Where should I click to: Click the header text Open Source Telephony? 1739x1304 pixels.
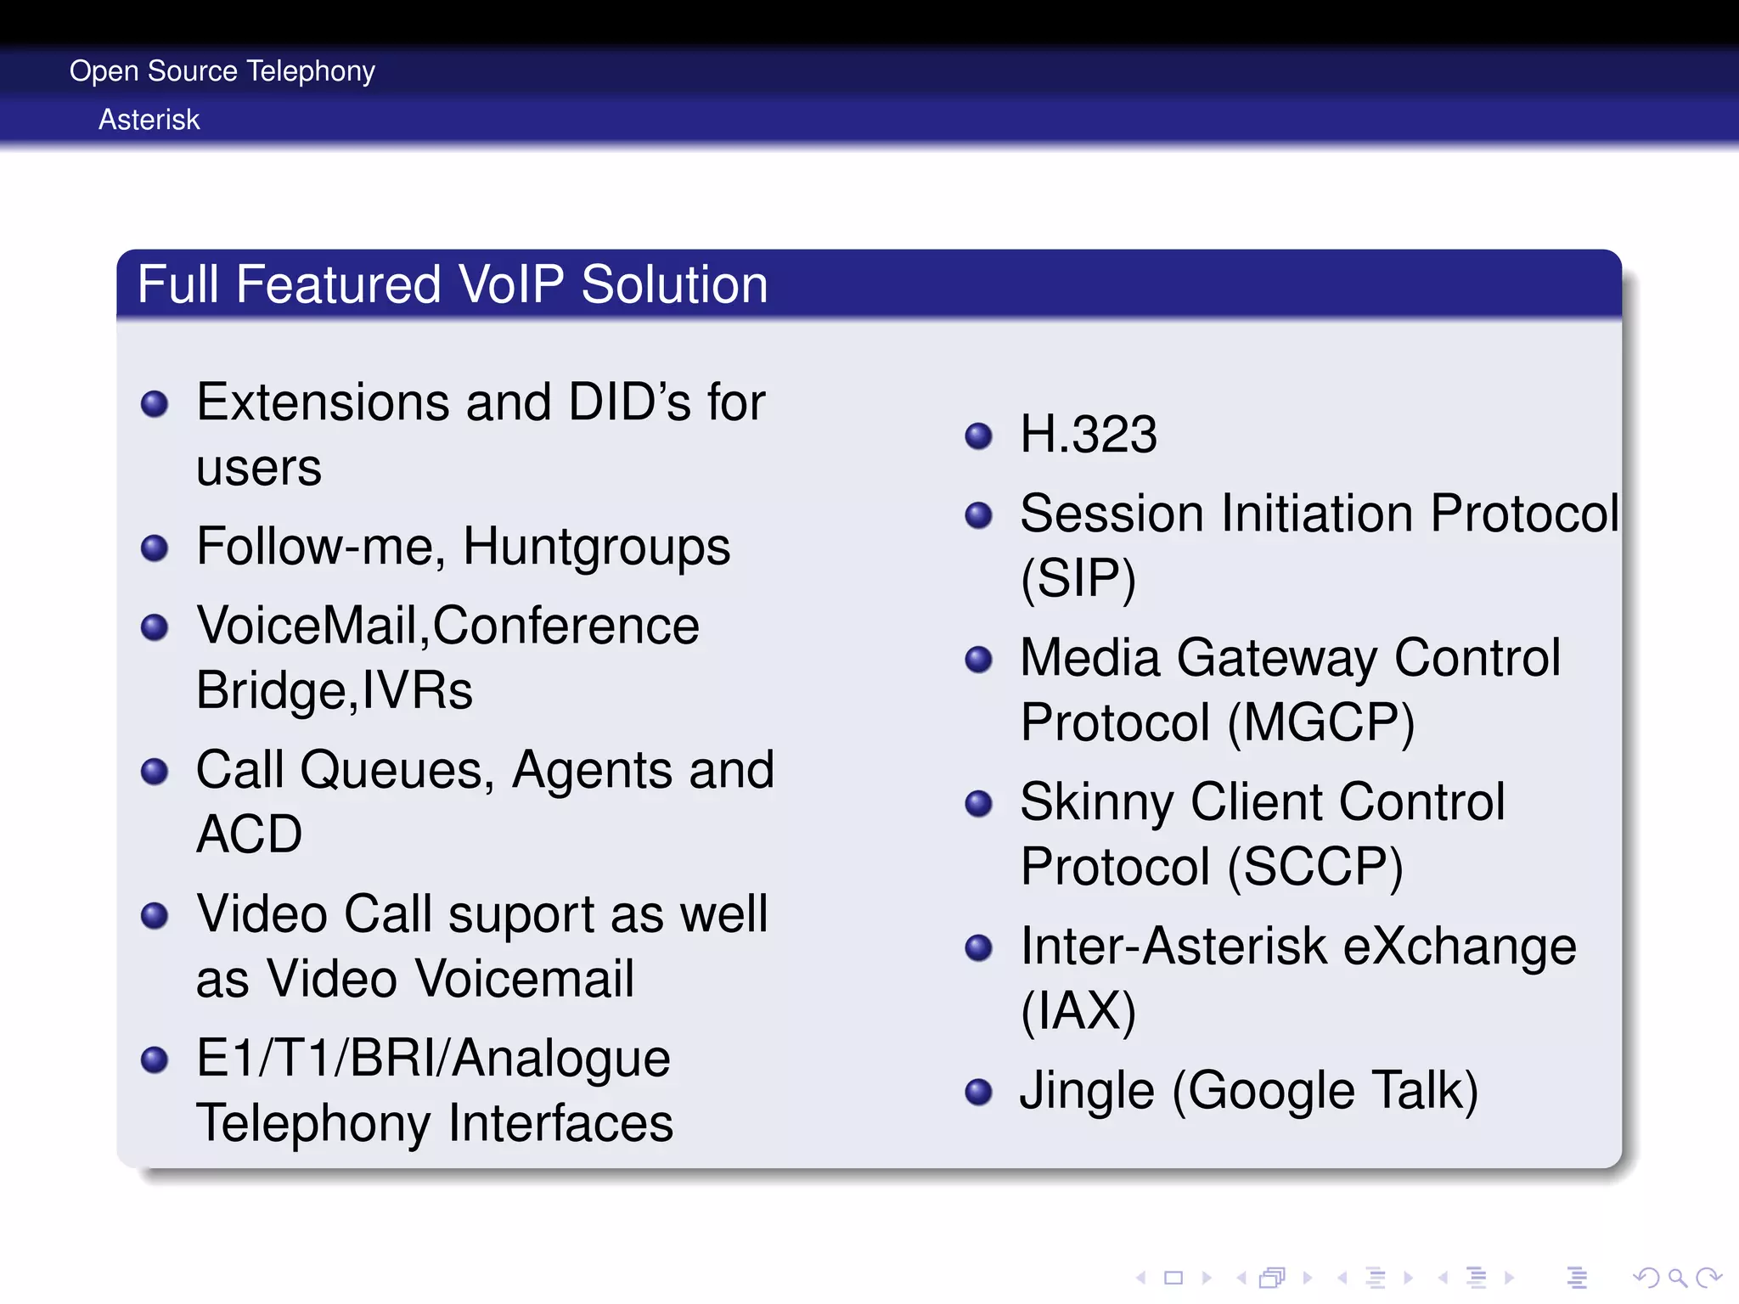[222, 71]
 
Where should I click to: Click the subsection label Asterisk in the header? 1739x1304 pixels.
[149, 120]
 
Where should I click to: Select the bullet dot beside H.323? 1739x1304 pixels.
[979, 436]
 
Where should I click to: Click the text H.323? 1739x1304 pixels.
[1088, 435]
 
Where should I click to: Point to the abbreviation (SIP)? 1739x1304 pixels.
[1078, 579]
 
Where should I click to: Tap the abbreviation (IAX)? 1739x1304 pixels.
[1078, 1011]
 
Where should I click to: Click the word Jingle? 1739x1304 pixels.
[1087, 1091]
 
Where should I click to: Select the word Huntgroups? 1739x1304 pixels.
[596, 547]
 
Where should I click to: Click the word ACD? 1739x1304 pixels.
[249, 835]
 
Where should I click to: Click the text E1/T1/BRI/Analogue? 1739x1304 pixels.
[433, 1059]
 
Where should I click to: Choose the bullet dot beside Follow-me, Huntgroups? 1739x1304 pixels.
[155, 548]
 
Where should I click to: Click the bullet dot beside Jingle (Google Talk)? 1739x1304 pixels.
[979, 1092]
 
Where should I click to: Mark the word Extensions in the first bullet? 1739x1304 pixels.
[323, 402]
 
